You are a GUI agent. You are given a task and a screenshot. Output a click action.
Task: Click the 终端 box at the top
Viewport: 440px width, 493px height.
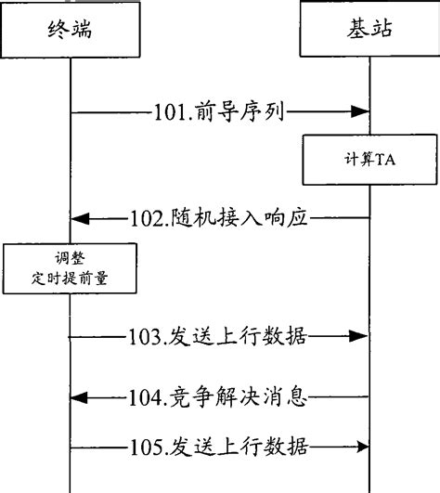click(x=70, y=29)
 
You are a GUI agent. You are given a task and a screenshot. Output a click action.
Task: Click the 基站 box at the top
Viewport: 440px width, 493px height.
click(x=369, y=29)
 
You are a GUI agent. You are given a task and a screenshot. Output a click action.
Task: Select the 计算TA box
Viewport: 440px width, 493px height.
click(x=369, y=159)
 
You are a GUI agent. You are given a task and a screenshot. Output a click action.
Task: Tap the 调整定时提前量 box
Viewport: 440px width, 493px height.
click(x=70, y=267)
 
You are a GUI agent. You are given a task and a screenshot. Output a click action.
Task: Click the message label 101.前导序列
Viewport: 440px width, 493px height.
click(x=219, y=113)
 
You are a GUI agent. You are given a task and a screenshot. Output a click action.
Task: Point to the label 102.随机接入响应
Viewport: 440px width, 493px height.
click(x=218, y=220)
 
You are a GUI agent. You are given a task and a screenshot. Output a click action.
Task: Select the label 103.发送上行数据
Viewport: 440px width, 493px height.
click(x=219, y=335)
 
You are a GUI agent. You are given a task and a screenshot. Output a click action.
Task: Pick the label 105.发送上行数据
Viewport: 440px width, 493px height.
click(x=219, y=450)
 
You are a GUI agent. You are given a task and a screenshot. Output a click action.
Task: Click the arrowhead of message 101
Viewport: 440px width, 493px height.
click(x=363, y=113)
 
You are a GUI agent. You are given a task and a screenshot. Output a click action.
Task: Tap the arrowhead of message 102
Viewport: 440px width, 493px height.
click(x=79, y=220)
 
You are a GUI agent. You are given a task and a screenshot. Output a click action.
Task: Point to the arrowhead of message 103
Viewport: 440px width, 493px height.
click(x=363, y=335)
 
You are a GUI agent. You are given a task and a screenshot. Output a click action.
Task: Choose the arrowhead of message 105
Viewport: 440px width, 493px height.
click(x=363, y=450)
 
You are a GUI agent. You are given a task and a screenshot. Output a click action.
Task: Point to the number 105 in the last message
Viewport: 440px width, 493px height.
click(x=147, y=450)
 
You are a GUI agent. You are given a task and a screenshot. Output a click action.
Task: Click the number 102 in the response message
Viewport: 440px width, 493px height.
click(x=146, y=220)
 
